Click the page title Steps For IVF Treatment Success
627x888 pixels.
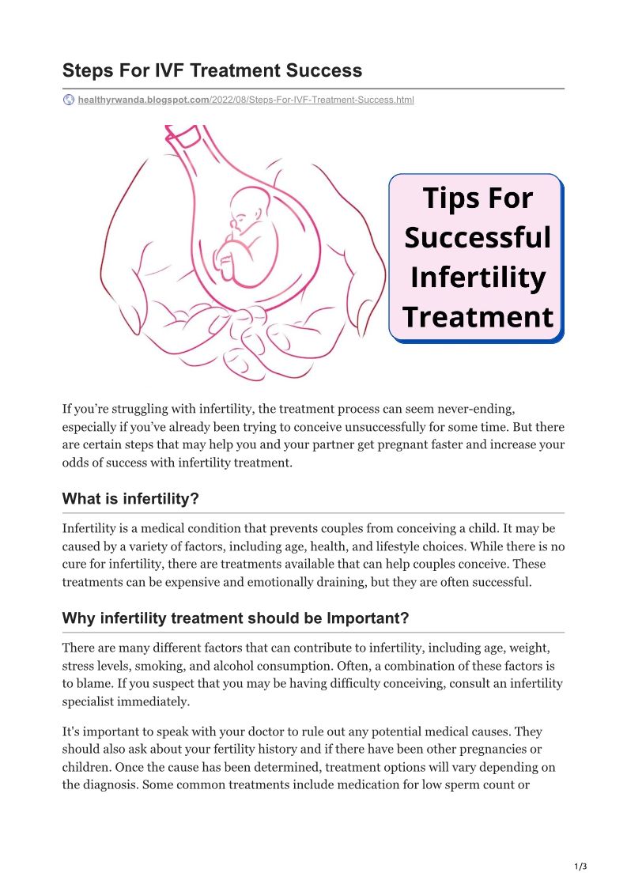pos(212,70)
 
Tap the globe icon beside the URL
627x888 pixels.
pos(69,100)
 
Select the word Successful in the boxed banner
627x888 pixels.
pos(477,237)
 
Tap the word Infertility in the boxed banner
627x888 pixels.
pos(477,277)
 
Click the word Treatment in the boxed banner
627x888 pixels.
pos(477,316)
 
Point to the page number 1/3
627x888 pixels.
pos(580,867)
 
